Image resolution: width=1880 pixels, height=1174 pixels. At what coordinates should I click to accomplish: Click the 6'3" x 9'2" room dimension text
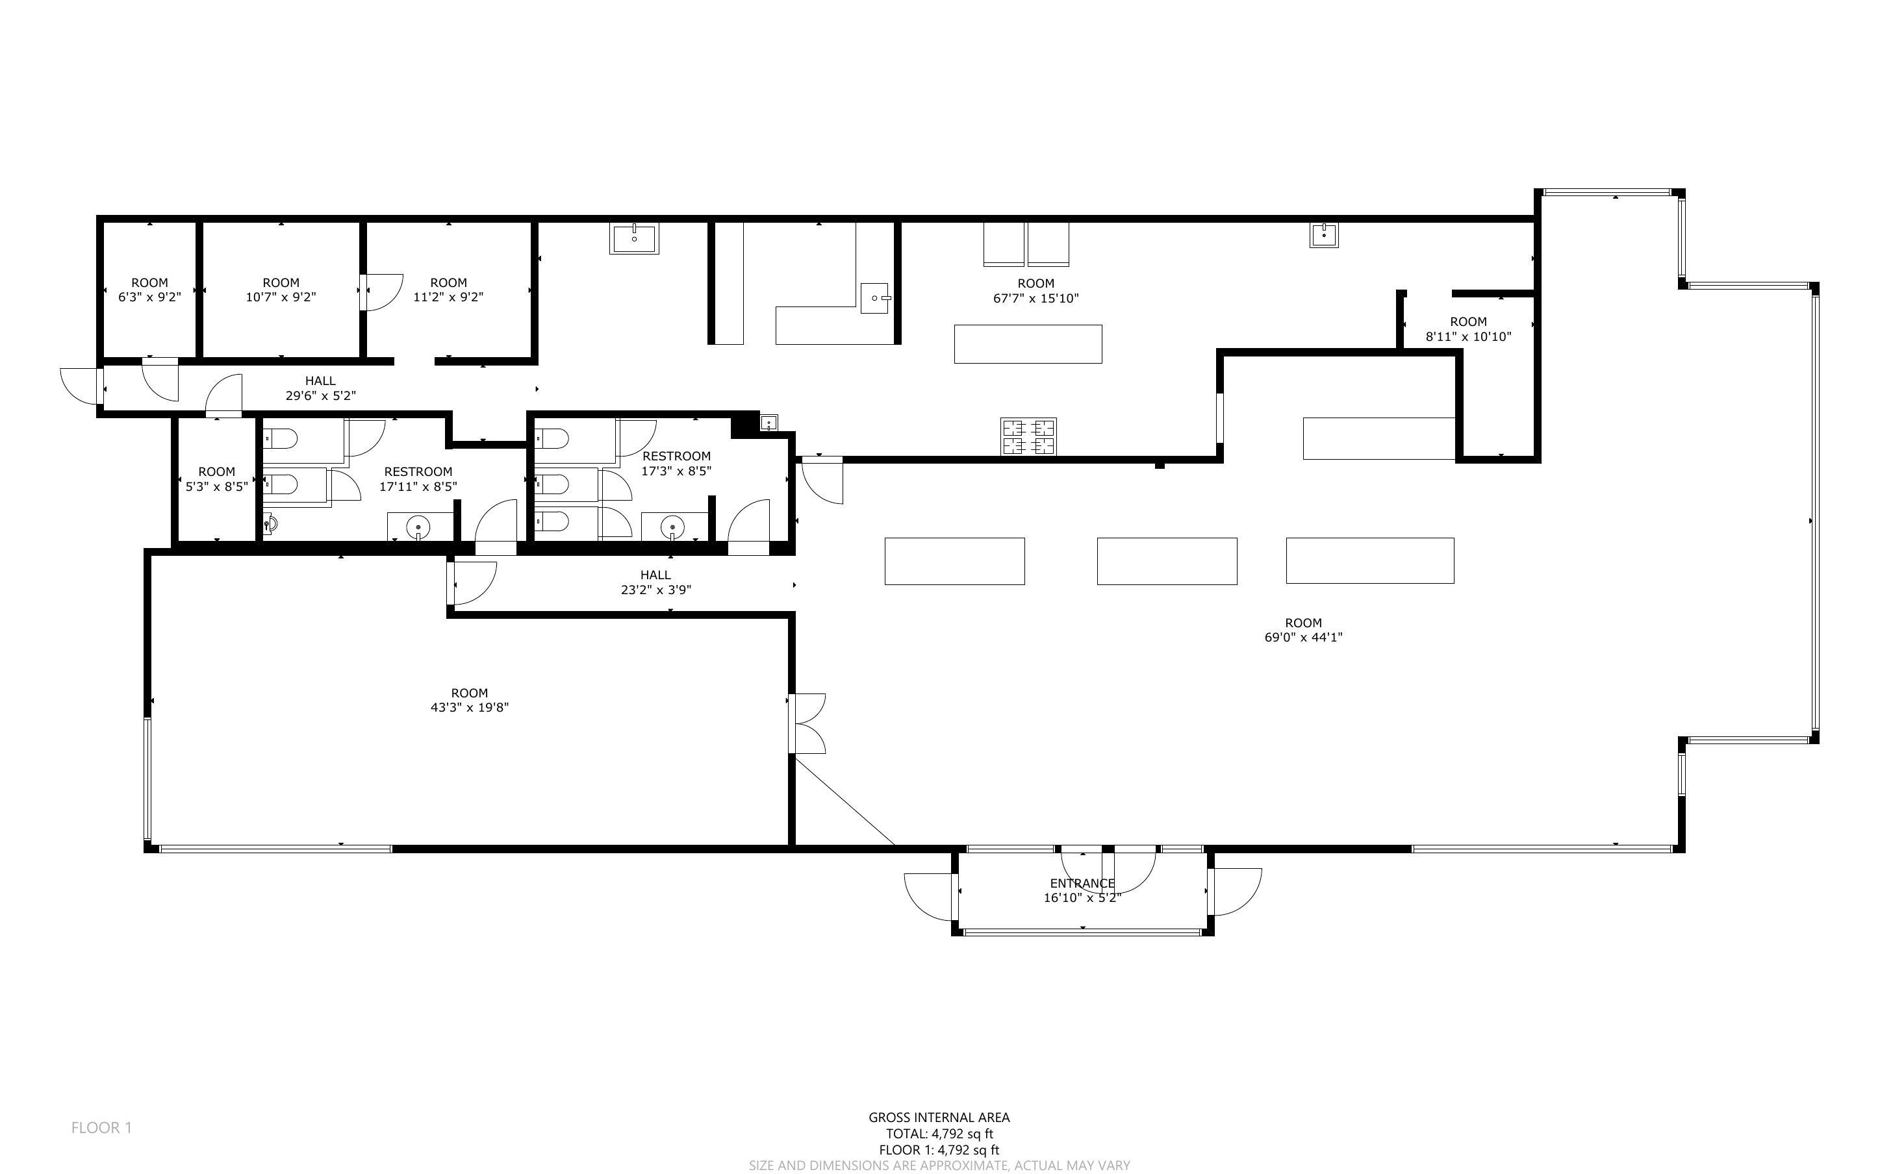(x=150, y=297)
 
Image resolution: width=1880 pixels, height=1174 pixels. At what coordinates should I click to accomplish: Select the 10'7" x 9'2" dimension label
(x=281, y=297)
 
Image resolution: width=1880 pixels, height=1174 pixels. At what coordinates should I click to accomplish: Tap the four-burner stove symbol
(x=1028, y=436)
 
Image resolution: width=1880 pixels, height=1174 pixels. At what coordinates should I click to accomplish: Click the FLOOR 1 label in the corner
(x=102, y=1127)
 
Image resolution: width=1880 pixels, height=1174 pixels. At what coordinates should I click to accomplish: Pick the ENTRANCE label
(x=1082, y=883)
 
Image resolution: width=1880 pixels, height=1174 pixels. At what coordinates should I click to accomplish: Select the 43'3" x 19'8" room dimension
(x=470, y=707)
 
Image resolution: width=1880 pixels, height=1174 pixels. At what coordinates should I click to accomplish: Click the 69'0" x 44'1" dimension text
(x=1304, y=638)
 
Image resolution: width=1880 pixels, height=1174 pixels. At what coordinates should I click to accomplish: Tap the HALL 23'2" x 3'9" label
(x=655, y=582)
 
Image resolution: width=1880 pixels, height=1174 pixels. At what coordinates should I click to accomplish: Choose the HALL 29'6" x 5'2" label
(x=321, y=388)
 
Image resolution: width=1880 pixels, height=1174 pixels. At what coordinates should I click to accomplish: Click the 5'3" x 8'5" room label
(x=217, y=479)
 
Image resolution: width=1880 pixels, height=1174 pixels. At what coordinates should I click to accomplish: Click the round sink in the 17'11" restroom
(x=418, y=528)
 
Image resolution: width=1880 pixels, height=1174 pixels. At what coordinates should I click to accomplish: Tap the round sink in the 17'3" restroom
(x=672, y=528)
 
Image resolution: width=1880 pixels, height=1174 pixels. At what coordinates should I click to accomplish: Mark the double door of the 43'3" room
(x=807, y=723)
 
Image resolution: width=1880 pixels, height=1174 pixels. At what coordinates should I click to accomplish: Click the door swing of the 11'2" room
(x=382, y=292)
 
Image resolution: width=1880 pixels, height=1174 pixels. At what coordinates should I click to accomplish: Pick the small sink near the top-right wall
(x=1324, y=234)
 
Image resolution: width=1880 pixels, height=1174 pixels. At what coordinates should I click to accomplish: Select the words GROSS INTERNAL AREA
(x=939, y=1118)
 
